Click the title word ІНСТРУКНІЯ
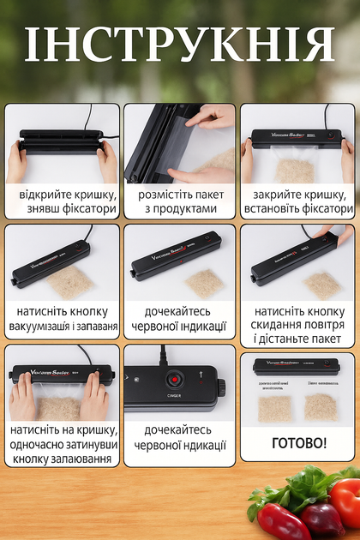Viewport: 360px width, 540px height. [x=179, y=45]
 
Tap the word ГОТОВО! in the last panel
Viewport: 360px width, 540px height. [x=299, y=443]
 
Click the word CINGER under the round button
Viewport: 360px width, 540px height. [x=174, y=396]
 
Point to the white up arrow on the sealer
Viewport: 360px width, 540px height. [x=201, y=374]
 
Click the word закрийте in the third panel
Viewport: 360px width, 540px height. [x=274, y=195]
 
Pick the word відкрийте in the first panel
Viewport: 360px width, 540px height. [x=39, y=195]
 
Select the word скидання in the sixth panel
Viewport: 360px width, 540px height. [x=273, y=325]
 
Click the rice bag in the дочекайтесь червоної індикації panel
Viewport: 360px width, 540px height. [x=204, y=283]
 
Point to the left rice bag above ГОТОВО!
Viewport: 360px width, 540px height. [x=274, y=409]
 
